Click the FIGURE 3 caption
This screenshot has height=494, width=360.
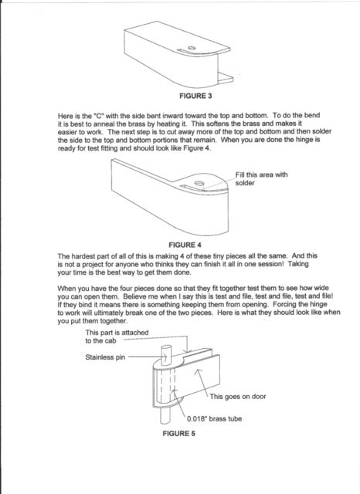[195, 96]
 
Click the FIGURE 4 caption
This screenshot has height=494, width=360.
[185, 245]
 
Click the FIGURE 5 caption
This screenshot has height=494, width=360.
[178, 434]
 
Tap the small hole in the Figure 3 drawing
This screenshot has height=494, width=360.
[192, 48]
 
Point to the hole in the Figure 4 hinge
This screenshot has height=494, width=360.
[199, 183]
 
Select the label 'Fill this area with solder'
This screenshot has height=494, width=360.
[261, 178]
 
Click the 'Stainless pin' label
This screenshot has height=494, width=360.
[105, 357]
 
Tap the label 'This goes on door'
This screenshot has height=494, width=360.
[238, 396]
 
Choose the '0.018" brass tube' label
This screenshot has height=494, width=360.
[214, 418]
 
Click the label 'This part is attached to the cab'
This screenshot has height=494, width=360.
[117, 337]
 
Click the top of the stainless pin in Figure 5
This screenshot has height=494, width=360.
[166, 347]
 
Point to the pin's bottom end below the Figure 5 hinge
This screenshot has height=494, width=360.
[165, 422]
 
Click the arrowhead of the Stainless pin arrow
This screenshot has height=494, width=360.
[165, 357]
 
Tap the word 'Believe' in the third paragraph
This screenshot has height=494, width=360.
[134, 296]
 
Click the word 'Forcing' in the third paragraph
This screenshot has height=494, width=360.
[284, 305]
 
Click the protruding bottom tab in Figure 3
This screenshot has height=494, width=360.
[226, 78]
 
